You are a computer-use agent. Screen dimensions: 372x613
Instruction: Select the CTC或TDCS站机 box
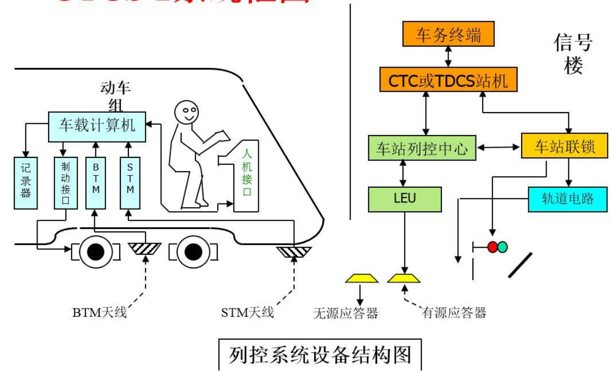pos(448,80)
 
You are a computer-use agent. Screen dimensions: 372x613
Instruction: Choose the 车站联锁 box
pos(564,148)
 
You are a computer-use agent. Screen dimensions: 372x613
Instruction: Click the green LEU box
pos(404,199)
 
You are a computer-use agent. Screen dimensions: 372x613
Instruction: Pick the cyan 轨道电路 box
pos(568,199)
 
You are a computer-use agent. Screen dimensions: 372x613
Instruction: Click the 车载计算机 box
pos(97,125)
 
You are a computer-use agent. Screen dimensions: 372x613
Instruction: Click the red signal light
pos(492,247)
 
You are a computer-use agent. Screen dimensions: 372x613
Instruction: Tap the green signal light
pos(502,247)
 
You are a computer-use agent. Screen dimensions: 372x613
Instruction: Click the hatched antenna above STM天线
pos(294,251)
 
